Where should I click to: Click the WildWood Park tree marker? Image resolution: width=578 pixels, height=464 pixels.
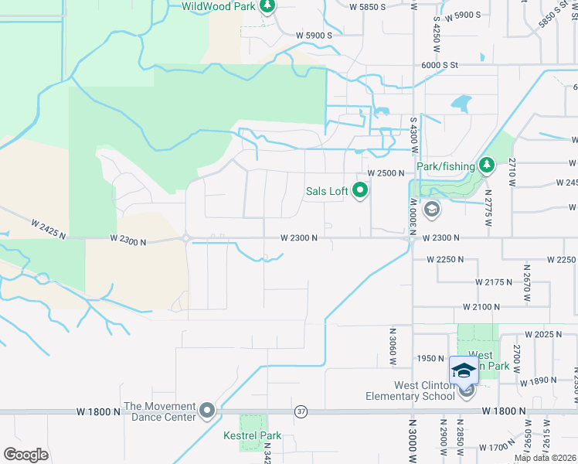tap(267, 7)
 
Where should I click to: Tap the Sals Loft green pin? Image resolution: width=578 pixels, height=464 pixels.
tap(360, 189)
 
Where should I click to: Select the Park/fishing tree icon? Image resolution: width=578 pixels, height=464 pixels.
tap(486, 165)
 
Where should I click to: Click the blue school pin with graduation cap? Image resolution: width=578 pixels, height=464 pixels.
tap(464, 370)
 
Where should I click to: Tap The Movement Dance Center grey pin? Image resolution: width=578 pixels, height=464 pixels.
tap(207, 411)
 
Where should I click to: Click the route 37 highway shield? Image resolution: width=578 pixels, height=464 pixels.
tap(301, 412)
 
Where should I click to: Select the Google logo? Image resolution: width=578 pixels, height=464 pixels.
tap(25, 454)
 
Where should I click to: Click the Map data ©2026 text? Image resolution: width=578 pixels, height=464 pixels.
tap(546, 458)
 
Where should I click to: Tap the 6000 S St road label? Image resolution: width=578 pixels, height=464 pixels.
tap(440, 67)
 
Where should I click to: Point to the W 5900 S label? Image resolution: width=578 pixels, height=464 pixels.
tap(314, 36)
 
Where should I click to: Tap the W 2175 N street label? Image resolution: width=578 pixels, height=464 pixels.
tap(495, 282)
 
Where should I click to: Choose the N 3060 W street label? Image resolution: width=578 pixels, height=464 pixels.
tap(392, 341)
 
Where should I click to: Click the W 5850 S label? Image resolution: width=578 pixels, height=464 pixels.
tap(368, 7)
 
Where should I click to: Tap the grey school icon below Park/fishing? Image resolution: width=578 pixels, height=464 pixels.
tap(431, 208)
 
